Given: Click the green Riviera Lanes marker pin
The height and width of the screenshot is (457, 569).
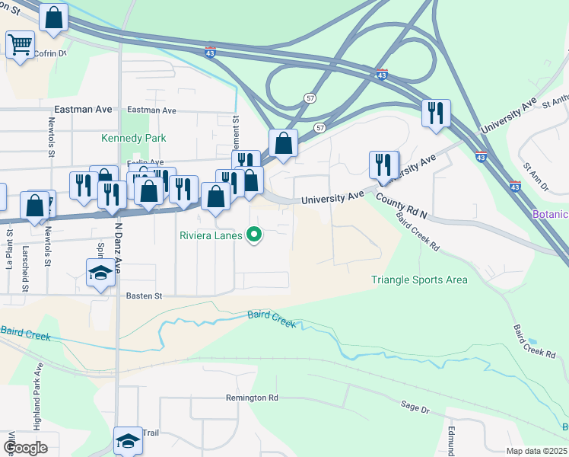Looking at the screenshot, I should coord(255,235).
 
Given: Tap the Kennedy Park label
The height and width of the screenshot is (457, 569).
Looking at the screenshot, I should coord(134,138).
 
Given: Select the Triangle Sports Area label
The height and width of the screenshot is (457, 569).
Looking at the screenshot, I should coord(419,280).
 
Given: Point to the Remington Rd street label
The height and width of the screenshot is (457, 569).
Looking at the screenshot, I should coord(252,398).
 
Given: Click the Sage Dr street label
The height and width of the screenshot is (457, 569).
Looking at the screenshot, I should coord(415,408).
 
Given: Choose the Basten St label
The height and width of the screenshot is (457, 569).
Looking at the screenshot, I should coord(145,296).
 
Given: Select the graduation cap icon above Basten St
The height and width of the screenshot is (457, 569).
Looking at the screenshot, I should coord(100,273).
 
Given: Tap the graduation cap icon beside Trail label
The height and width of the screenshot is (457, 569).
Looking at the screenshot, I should coord(127,439).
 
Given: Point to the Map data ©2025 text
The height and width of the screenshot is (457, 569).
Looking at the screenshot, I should coord(536,451).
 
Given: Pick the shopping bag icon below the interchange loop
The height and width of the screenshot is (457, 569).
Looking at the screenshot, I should coord(283,142).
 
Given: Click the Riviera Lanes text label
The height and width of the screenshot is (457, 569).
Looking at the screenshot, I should coord(211,235).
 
